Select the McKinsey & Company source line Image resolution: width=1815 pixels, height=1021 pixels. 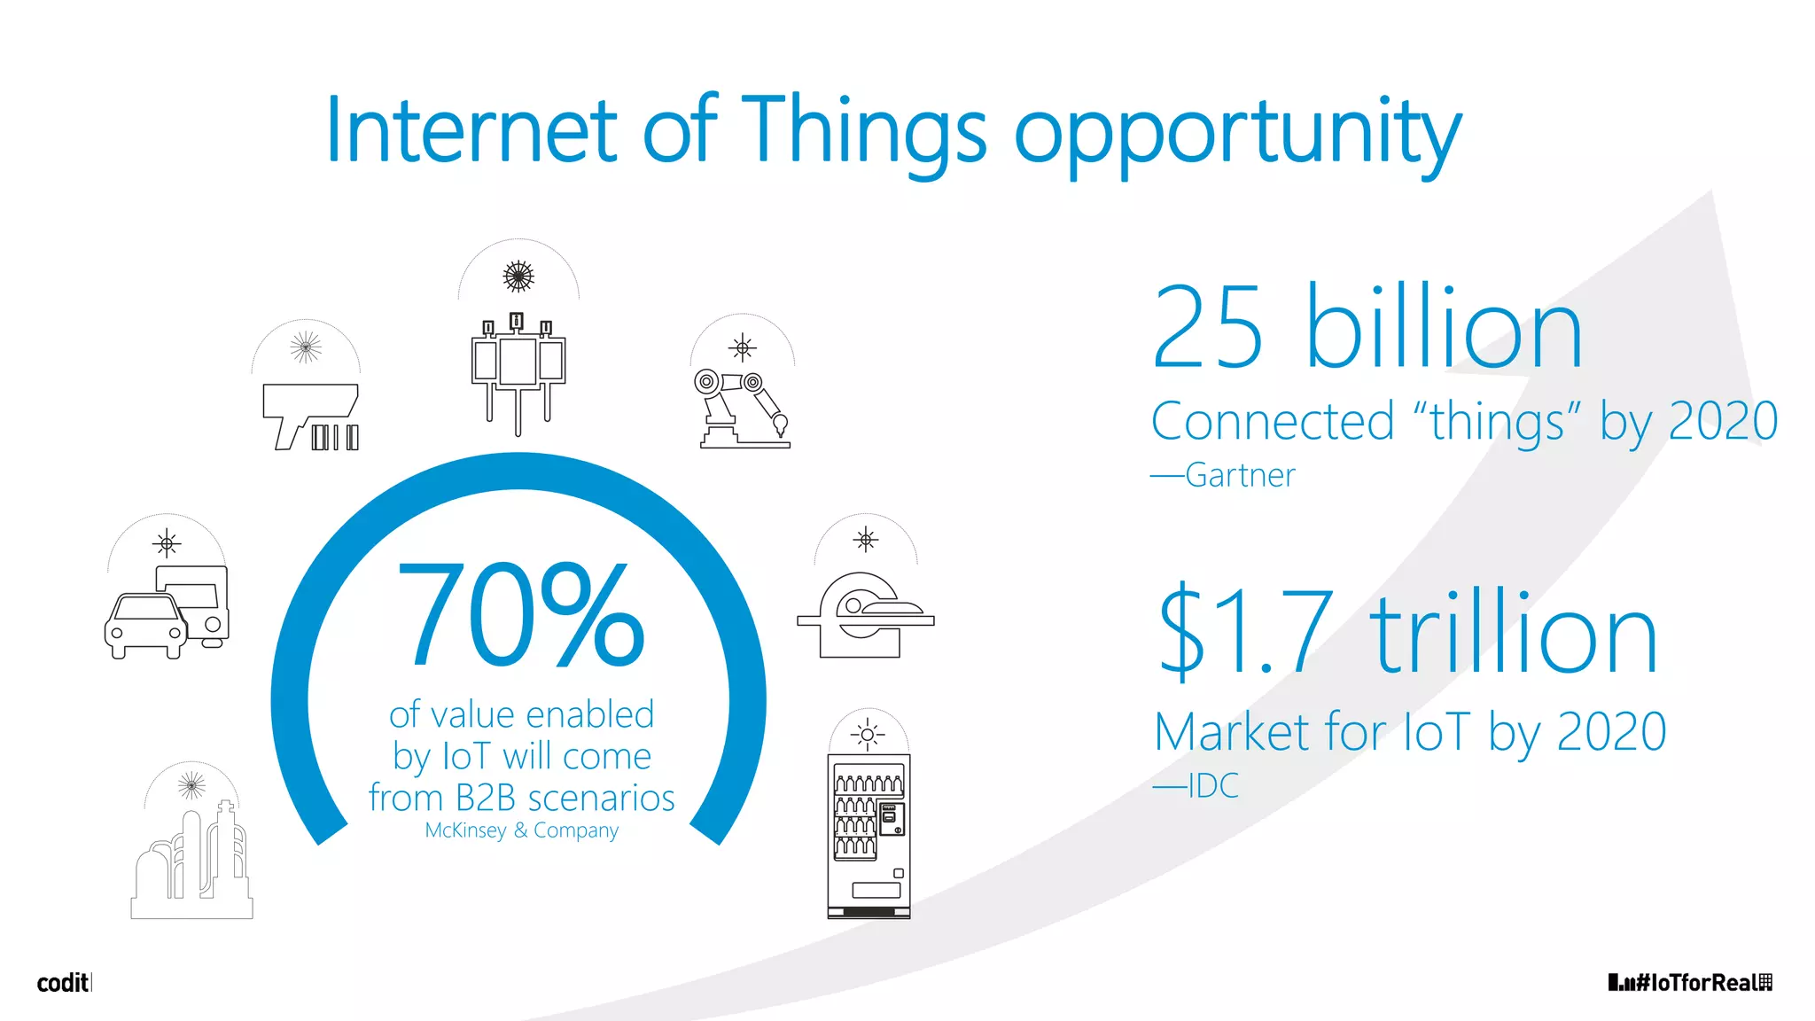tap(521, 830)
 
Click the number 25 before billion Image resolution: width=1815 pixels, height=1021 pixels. tap(1207, 327)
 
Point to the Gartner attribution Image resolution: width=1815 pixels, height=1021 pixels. tap(1239, 476)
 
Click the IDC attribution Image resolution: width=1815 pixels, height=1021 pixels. tap(1211, 786)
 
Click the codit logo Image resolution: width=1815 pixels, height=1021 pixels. tap(63, 982)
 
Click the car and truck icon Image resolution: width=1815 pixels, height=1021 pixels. tap(167, 612)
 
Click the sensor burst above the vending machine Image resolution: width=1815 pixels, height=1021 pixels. tap(868, 734)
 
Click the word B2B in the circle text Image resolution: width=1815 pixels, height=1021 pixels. tap(485, 799)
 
